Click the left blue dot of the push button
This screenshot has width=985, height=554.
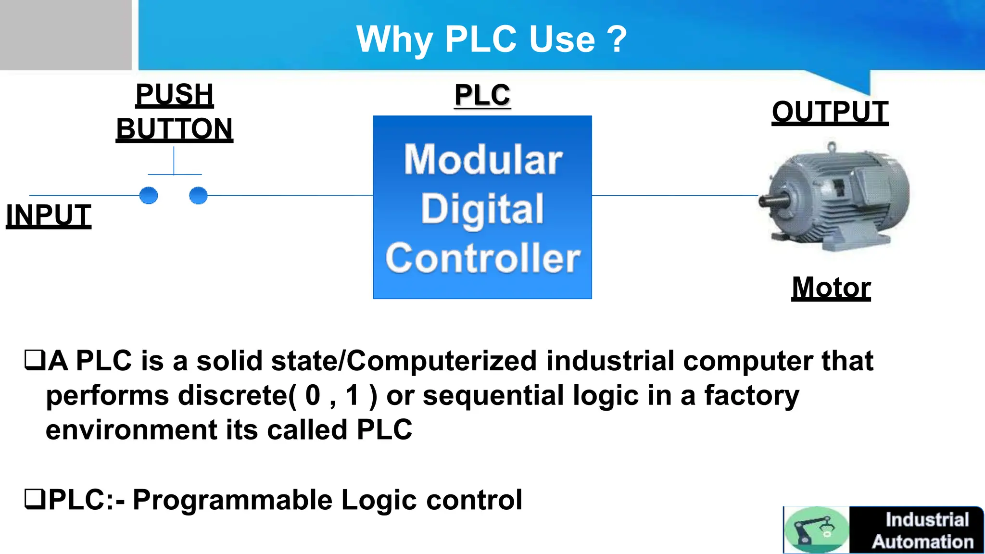[x=148, y=195]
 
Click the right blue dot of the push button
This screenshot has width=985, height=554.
[x=198, y=195]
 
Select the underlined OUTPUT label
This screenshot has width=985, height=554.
[x=830, y=112]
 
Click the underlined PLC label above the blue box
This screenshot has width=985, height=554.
[x=482, y=95]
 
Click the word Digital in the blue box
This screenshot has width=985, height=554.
[x=482, y=209]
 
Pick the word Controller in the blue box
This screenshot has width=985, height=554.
[x=483, y=258]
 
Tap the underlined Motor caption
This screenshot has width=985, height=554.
[x=831, y=288]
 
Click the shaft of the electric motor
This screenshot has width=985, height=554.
[x=772, y=200]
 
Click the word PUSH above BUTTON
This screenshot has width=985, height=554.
[x=175, y=94]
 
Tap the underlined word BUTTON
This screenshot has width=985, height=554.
[x=175, y=129]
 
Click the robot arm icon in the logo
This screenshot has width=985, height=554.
[x=816, y=530]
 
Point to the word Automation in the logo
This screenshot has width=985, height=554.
[x=922, y=542]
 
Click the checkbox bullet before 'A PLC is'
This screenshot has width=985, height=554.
[x=35, y=361]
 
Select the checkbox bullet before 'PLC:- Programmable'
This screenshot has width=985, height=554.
[x=35, y=499]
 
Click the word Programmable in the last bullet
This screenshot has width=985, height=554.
[x=232, y=500]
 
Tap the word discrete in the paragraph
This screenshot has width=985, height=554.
[x=232, y=395]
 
